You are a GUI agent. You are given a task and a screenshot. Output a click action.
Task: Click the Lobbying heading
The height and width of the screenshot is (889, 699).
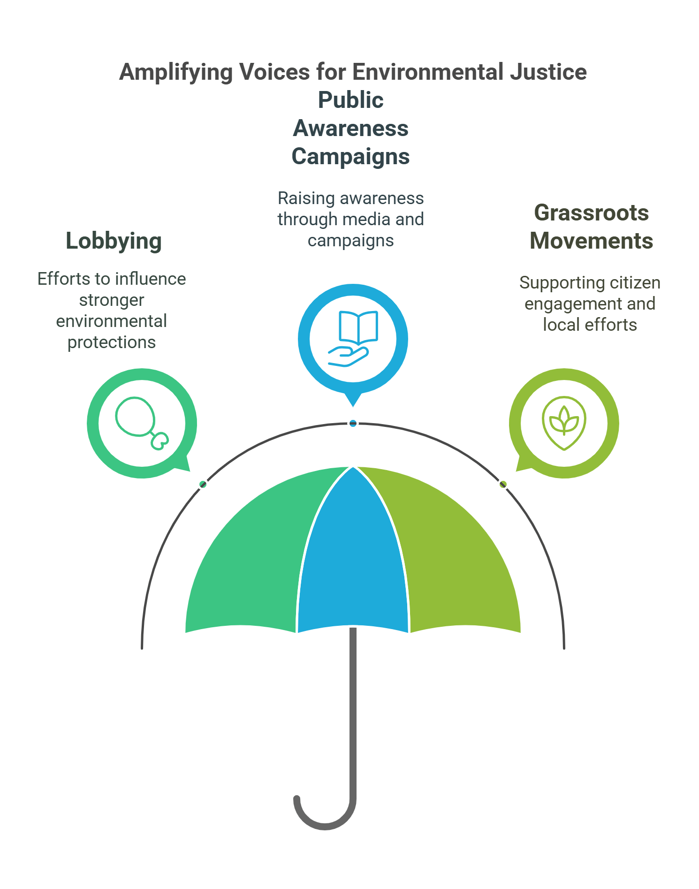pyautogui.click(x=114, y=241)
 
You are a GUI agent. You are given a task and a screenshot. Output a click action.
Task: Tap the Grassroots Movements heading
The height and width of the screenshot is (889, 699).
pyautogui.click(x=591, y=227)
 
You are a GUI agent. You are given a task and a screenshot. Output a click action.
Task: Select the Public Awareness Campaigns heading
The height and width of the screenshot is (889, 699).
pyautogui.click(x=350, y=128)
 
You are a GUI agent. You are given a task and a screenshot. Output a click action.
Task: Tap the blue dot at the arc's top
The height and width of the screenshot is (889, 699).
pyautogui.click(x=353, y=424)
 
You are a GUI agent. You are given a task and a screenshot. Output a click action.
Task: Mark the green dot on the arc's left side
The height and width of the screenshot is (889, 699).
pyautogui.click(x=203, y=484)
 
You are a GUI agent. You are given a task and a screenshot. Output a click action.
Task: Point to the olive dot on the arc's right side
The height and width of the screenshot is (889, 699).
pyautogui.click(x=503, y=484)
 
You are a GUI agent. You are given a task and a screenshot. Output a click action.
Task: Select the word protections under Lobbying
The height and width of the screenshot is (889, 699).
pyautogui.click(x=112, y=342)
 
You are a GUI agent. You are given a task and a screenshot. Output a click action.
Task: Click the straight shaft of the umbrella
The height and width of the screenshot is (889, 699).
pyautogui.click(x=353, y=713)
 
